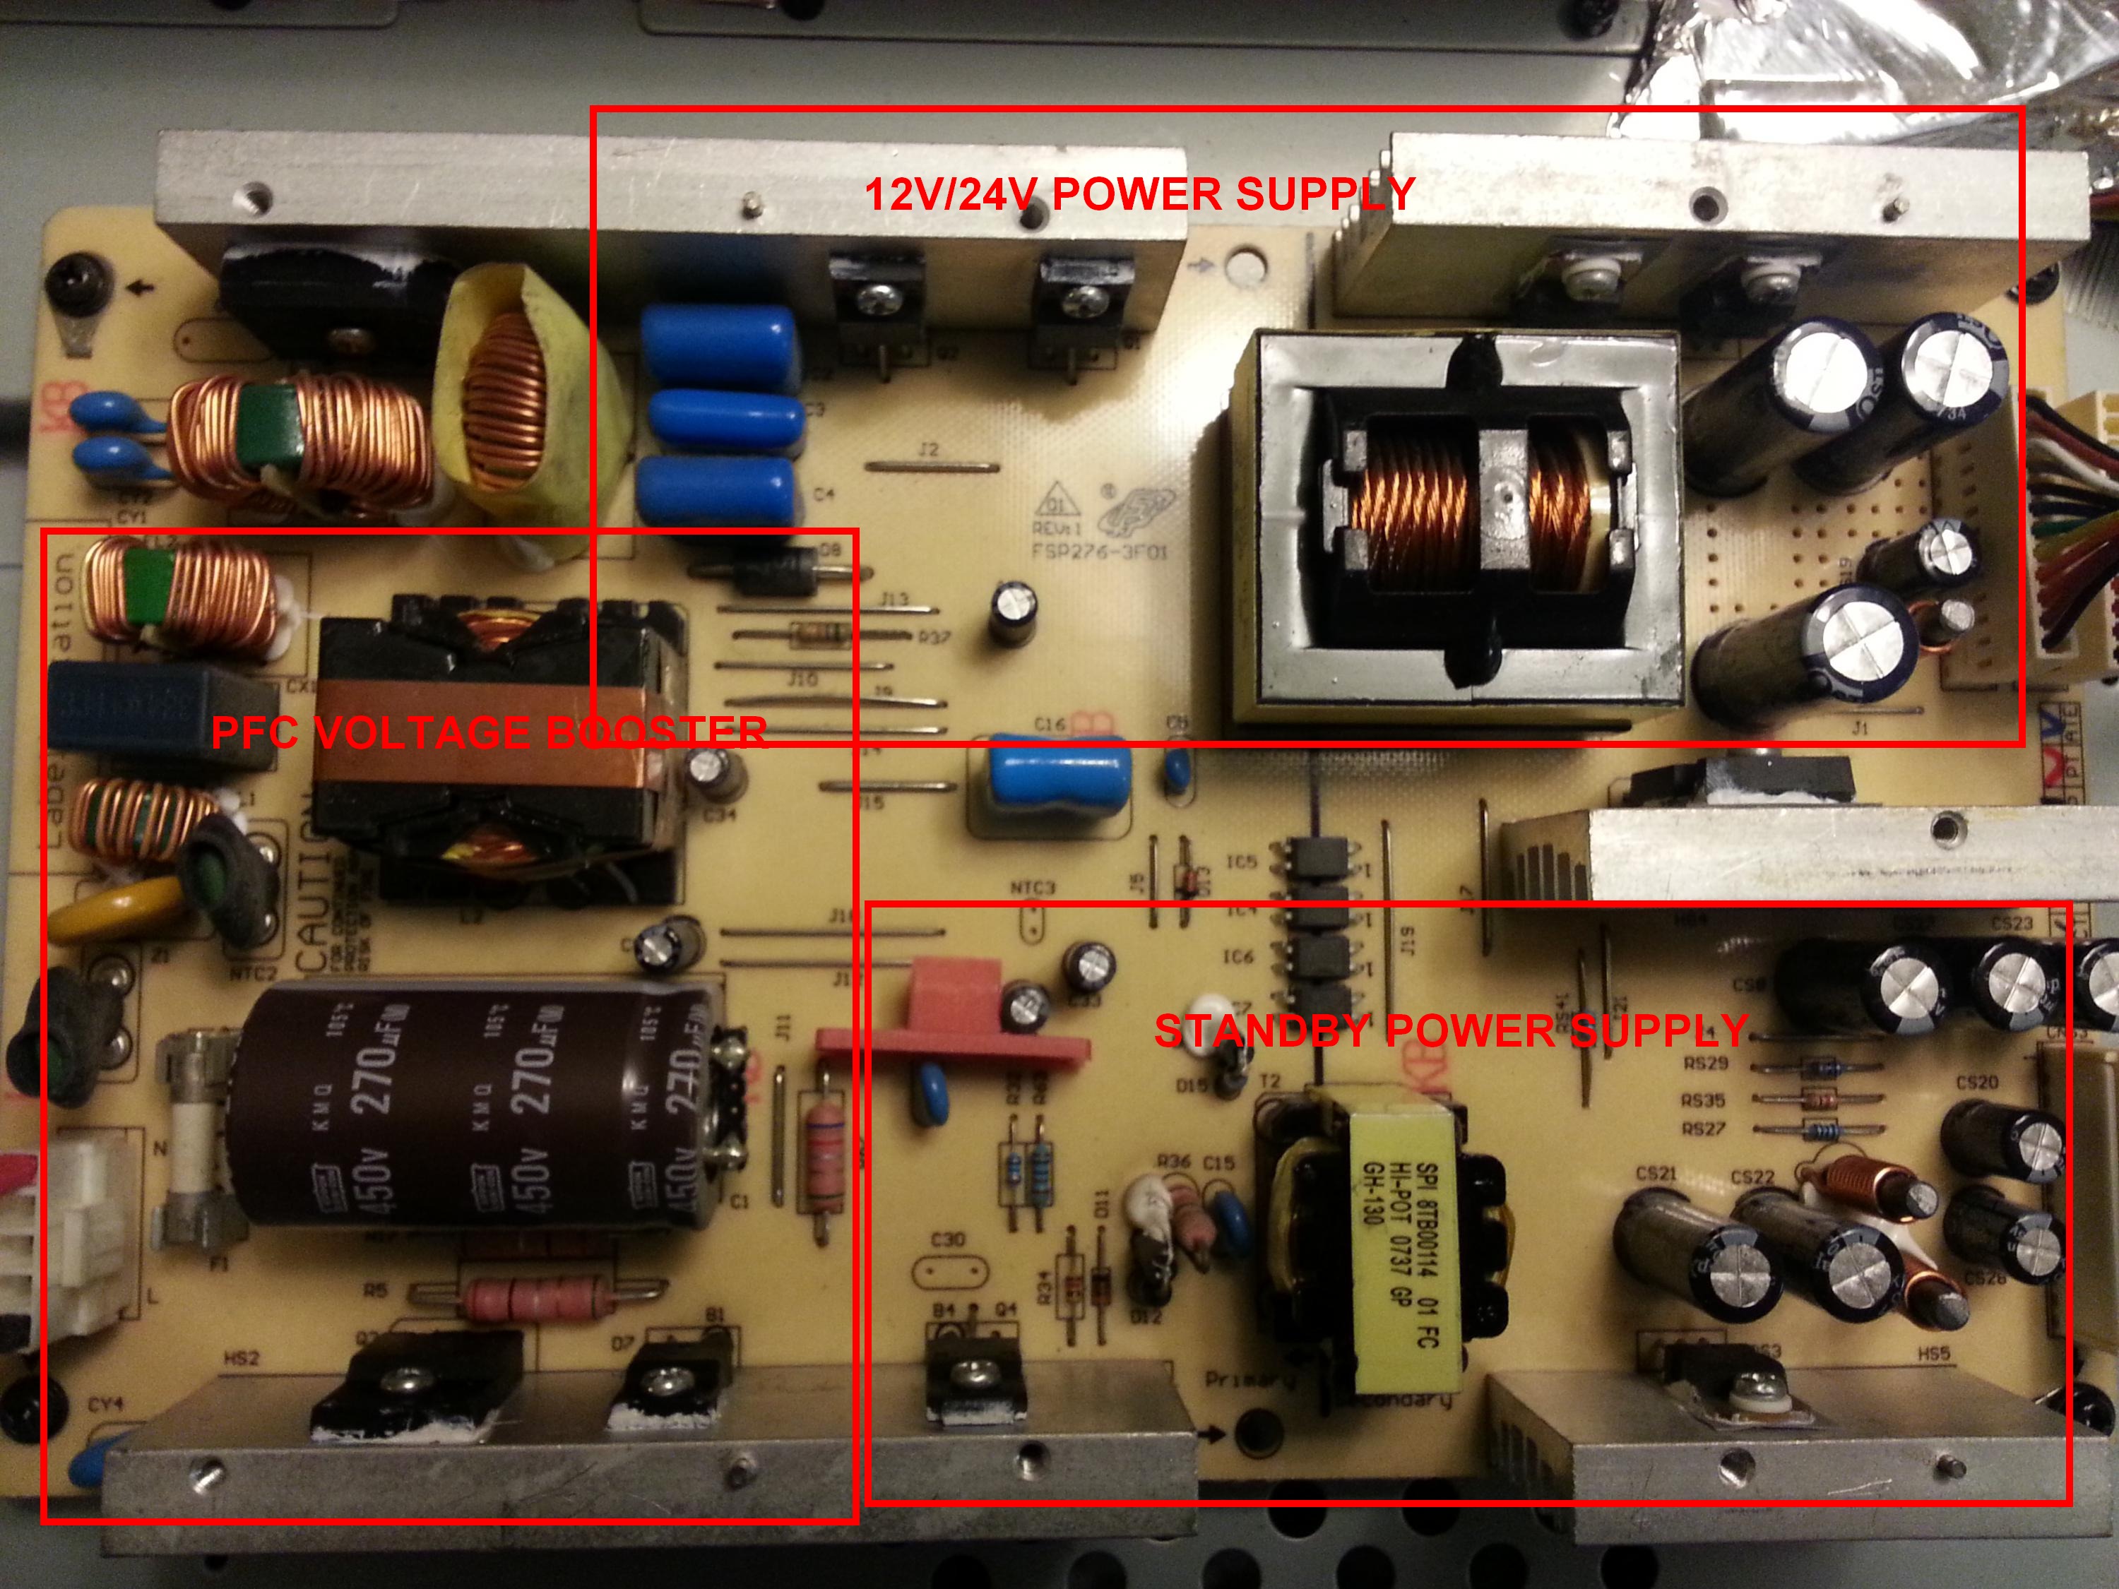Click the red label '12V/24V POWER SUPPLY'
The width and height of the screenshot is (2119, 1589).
tap(1139, 194)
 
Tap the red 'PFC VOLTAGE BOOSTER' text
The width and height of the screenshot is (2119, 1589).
tap(489, 733)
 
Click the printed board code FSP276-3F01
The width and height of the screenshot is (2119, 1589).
tap(1100, 553)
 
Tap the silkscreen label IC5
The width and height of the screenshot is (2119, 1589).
tap(1242, 863)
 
